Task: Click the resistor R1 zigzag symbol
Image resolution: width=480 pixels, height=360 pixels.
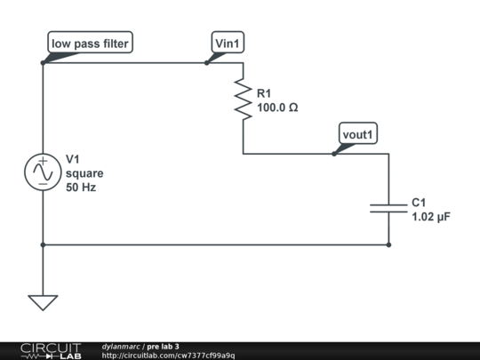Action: tap(243, 99)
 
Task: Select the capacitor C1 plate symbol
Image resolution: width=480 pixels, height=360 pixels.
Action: tap(388, 208)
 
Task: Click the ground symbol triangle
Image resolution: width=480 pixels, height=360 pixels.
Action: tap(42, 301)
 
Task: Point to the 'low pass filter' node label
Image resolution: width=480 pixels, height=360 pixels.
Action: tap(90, 43)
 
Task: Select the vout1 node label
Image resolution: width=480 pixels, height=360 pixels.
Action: tap(359, 134)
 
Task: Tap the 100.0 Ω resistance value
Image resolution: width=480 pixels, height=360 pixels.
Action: tap(277, 108)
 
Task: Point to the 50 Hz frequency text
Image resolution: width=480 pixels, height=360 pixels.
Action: tap(81, 188)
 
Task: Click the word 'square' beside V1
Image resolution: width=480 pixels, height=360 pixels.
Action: tap(84, 173)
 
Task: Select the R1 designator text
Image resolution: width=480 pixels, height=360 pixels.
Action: tap(265, 93)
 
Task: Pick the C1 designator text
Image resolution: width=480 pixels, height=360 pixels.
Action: tap(420, 202)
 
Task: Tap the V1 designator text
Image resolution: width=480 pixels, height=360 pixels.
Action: tap(74, 159)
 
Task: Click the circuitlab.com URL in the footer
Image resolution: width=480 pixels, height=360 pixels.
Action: tap(168, 356)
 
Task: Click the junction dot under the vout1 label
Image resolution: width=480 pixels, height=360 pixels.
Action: tap(334, 153)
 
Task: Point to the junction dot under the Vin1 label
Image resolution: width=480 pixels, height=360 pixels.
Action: tap(207, 63)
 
